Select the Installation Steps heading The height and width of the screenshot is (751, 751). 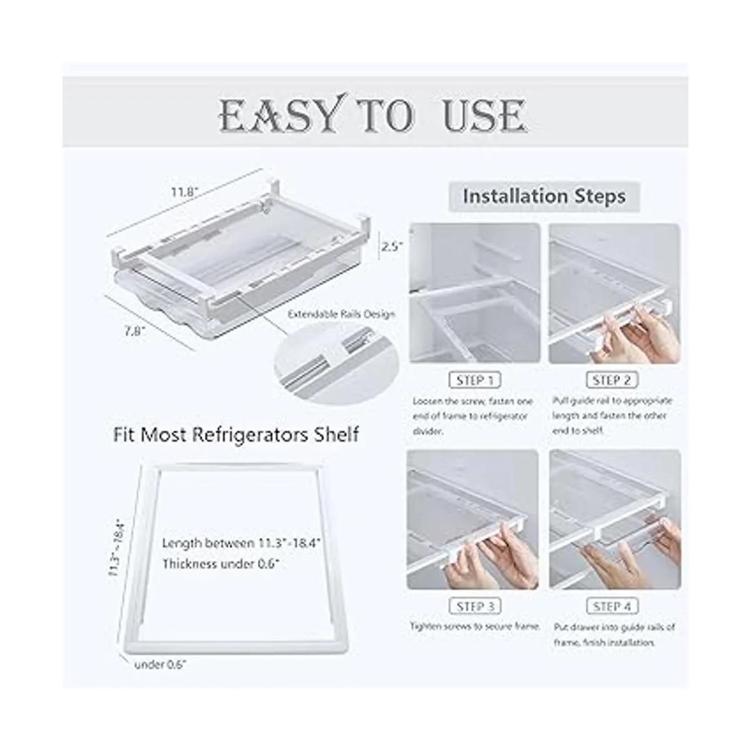click(x=544, y=197)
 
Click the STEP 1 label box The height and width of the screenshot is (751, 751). click(x=474, y=380)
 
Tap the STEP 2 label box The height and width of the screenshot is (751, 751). click(x=612, y=380)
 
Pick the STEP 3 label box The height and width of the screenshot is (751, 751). click(x=474, y=606)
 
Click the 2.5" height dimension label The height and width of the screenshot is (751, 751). click(x=392, y=247)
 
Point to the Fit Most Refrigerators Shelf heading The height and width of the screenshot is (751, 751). click(x=236, y=435)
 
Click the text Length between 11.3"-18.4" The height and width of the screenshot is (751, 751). click(x=241, y=543)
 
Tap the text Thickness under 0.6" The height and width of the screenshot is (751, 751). click(x=221, y=564)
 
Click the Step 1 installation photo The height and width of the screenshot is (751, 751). click(x=474, y=293)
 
